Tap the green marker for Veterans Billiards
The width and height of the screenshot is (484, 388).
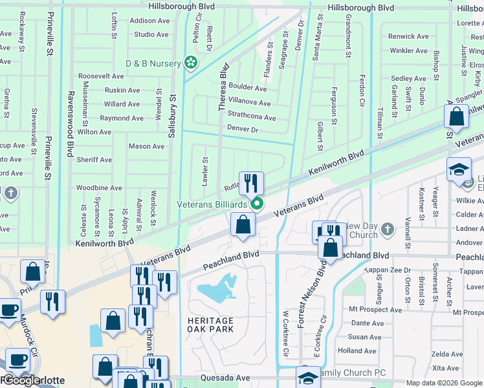pyautogui.click(x=257, y=204)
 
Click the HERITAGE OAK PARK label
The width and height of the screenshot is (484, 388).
pyautogui.click(x=211, y=325)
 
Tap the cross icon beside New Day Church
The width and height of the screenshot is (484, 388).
pyautogui.click(x=387, y=230)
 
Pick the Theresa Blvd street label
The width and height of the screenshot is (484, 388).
pyautogui.click(x=223, y=87)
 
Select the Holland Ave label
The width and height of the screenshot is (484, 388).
pyautogui.click(x=357, y=351)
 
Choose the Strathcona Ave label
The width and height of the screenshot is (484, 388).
pyautogui.click(x=252, y=118)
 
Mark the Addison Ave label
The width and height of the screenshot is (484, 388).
pyautogui.click(x=149, y=21)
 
